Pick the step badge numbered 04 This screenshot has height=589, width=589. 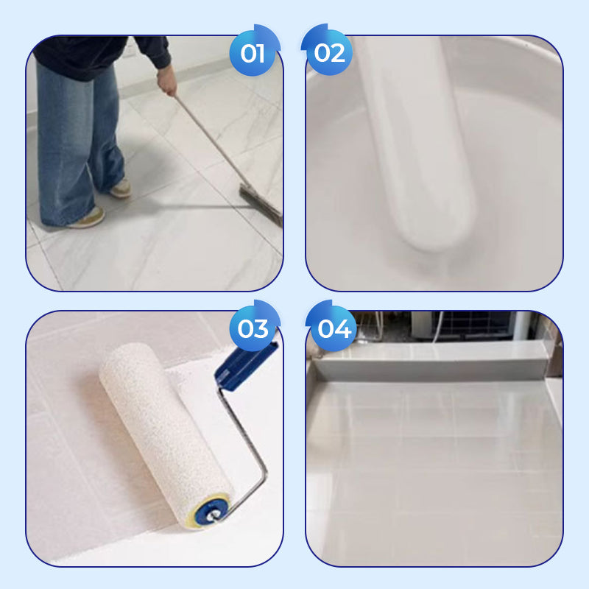pyautogui.click(x=332, y=327)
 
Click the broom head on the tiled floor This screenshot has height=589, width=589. pyautogui.click(x=262, y=205)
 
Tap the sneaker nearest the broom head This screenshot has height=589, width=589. pyautogui.click(x=121, y=188)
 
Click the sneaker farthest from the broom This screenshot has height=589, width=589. pyautogui.click(x=88, y=219)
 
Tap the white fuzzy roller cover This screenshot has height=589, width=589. pyautogui.click(x=164, y=433)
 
